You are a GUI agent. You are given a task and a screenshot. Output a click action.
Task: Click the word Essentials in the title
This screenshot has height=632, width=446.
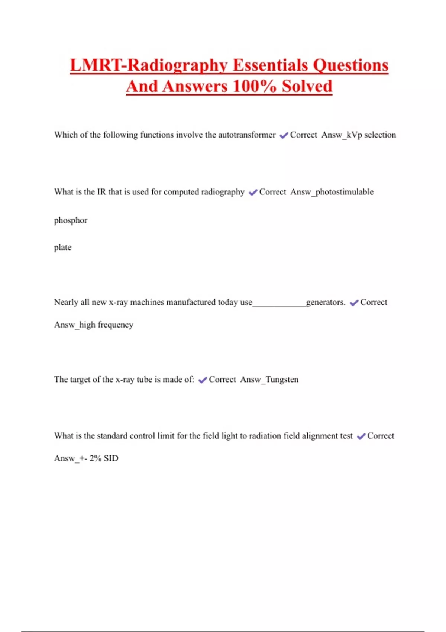coord(271,65)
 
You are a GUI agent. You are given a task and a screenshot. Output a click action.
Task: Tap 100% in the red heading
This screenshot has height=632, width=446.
coord(254,87)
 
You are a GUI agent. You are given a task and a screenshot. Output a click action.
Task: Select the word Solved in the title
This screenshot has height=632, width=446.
coord(307,87)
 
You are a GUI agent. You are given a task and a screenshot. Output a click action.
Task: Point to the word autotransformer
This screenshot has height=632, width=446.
coord(247,135)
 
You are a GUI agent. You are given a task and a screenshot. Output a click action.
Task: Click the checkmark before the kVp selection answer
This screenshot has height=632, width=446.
coord(284,135)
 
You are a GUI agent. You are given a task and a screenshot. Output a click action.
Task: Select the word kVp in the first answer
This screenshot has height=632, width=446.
coord(354,135)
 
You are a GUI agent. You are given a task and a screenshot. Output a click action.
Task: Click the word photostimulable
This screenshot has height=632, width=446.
coord(345,192)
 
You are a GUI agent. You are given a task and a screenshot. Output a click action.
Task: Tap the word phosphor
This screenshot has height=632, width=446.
coord(71,220)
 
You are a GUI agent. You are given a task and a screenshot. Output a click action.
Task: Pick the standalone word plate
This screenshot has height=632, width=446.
coord(62,248)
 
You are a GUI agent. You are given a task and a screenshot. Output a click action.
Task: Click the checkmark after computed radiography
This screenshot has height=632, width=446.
coord(253,193)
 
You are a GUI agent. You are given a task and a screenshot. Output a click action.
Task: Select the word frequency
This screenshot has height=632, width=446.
coord(115,325)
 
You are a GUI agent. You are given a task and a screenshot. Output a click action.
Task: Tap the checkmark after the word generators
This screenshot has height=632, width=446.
coord(354,303)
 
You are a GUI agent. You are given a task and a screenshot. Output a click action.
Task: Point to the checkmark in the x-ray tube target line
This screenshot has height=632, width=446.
coord(203,380)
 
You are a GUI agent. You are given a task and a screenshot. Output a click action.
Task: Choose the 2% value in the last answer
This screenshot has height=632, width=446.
coord(96,458)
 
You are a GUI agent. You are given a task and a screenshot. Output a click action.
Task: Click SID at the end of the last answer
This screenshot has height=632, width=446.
coord(111,458)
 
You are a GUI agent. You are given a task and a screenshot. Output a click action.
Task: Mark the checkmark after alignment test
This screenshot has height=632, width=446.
coord(361,436)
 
